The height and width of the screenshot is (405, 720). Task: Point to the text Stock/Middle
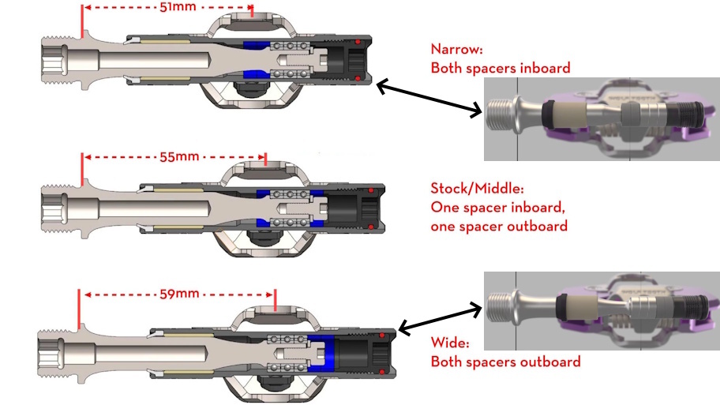coord(478,189)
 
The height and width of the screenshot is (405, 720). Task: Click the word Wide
coord(450,343)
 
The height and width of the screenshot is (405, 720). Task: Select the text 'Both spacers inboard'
coord(501,68)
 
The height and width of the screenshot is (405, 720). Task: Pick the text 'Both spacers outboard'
coord(505,362)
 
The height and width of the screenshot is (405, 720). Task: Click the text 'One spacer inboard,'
coord(499,208)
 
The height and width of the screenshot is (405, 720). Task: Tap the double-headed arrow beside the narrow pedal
coord(429,98)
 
